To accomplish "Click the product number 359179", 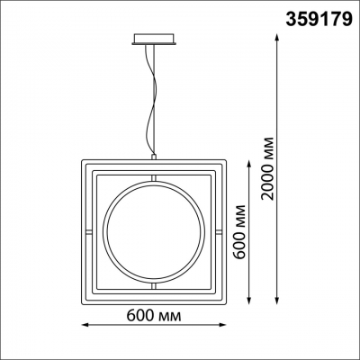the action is click(x=319, y=19).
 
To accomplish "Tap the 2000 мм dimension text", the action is click(x=267, y=168).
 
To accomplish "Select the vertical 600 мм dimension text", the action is click(x=239, y=232).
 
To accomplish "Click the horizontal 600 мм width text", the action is click(x=154, y=315).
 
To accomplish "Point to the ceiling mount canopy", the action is click(x=154, y=40).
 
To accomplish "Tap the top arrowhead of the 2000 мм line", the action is click(x=277, y=38).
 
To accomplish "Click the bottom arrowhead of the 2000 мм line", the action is click(x=277, y=301).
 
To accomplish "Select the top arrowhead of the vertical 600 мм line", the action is click(x=248, y=164).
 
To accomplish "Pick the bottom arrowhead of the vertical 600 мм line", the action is click(x=248, y=301).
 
